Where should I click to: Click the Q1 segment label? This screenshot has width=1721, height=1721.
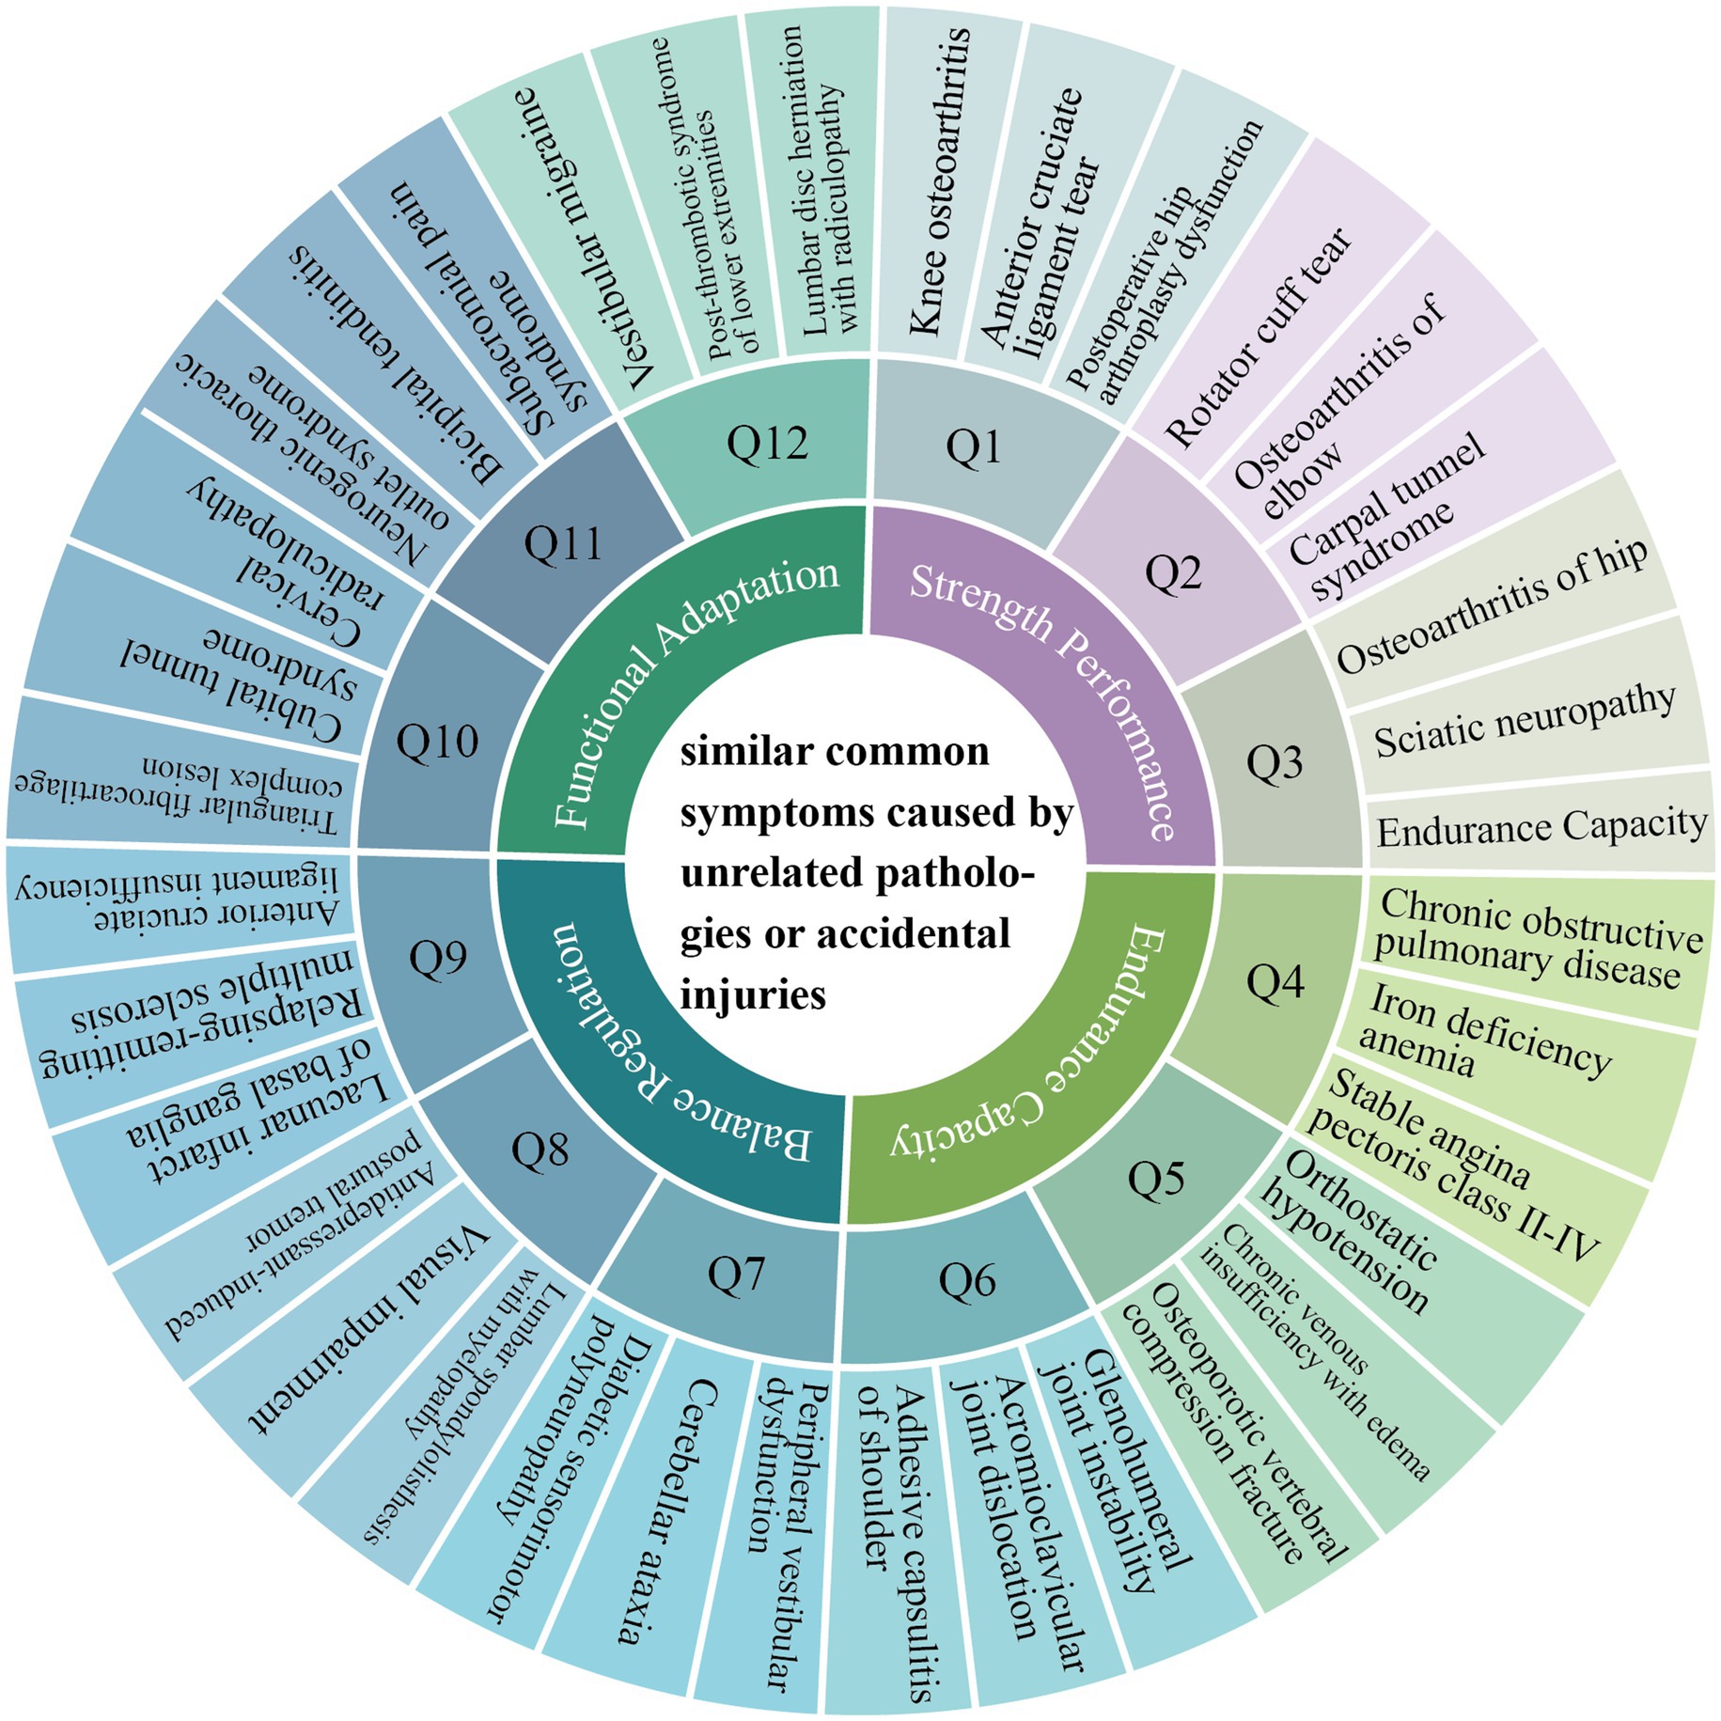coord(974,447)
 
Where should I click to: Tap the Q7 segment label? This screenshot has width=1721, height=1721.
coord(737,1275)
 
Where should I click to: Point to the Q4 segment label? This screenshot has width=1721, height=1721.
coord(1275,982)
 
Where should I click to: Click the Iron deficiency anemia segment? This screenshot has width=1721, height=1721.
coord(1485,1043)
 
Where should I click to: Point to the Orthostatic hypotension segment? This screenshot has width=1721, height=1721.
coord(1353,1231)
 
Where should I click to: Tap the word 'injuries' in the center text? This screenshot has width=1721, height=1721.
coord(752,994)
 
